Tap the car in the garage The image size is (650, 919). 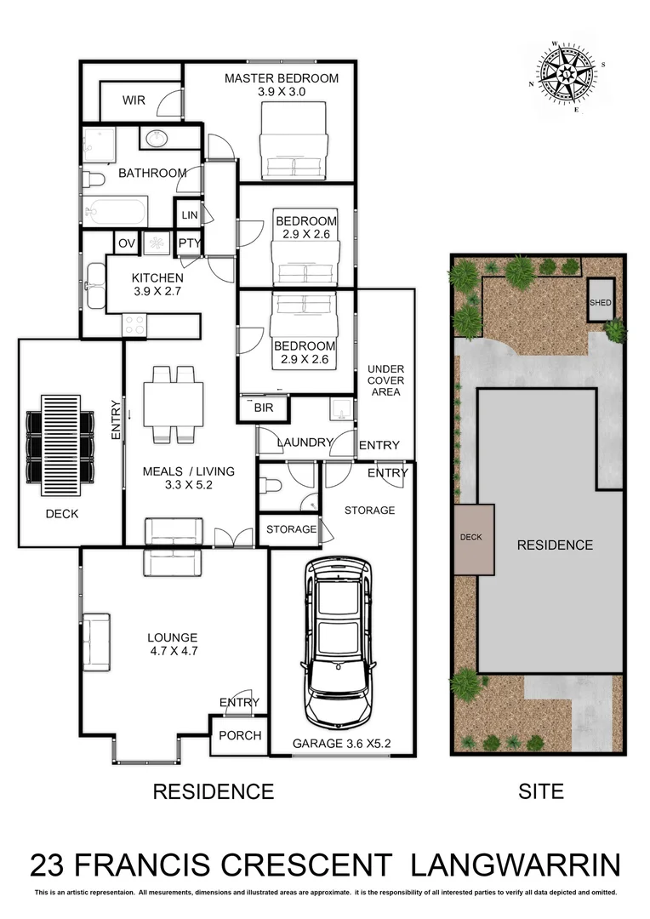[x=339, y=638]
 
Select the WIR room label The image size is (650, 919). [x=134, y=100]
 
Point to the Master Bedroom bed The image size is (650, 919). [x=294, y=140]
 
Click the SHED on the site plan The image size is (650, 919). [x=599, y=302]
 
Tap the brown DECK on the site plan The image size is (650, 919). [x=474, y=539]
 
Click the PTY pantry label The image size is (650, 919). [x=189, y=243]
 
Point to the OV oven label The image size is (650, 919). [x=126, y=243]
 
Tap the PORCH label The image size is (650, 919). [x=239, y=736]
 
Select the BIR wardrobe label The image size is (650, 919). [x=263, y=409]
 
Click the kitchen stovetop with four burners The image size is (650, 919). [x=134, y=324]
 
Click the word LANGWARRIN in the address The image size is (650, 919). [x=516, y=865]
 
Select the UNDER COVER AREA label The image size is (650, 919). [x=385, y=380]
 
